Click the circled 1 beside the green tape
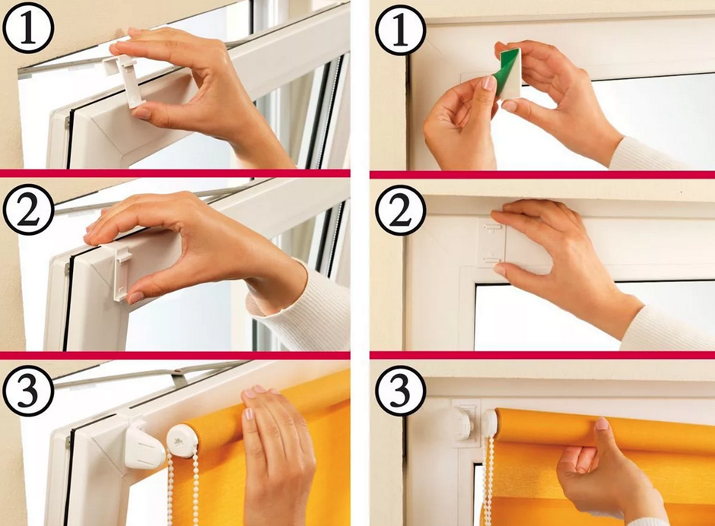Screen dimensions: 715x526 tap(401, 30)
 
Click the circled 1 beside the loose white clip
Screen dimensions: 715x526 tap(28, 28)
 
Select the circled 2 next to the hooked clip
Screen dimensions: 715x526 tap(28, 211)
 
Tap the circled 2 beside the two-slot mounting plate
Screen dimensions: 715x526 tap(401, 210)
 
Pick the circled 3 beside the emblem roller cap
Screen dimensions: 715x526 tap(28, 391)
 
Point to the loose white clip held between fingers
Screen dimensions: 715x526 tap(122, 79)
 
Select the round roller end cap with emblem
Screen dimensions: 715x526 tap(182, 441)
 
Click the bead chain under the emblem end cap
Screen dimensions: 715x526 tap(183, 490)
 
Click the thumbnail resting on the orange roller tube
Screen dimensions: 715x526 tap(602, 423)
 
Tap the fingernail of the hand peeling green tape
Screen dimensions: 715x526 tap(489, 83)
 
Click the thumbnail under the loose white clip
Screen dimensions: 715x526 tap(141, 113)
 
